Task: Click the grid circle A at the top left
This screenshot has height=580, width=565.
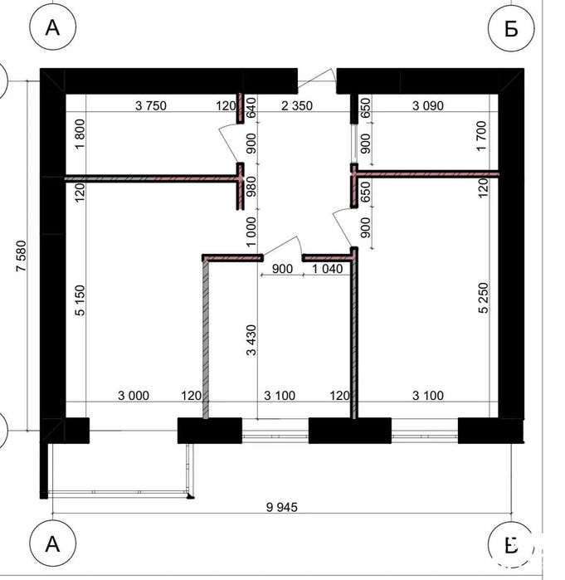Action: (x=52, y=27)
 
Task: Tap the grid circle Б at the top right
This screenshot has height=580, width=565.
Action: (x=511, y=27)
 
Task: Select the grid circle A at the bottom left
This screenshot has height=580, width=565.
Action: (x=52, y=543)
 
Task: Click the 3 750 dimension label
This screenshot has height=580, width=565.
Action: (x=151, y=105)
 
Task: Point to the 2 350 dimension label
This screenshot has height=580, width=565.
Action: (x=297, y=105)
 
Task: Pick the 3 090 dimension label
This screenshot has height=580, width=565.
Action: (x=428, y=105)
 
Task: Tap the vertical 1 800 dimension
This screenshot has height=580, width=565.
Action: (x=80, y=134)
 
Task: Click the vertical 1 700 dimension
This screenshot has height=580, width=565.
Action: (x=482, y=136)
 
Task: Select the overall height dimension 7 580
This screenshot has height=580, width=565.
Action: (x=22, y=256)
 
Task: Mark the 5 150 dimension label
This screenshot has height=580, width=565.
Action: (x=80, y=300)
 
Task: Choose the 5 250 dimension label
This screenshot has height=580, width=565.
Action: (x=484, y=298)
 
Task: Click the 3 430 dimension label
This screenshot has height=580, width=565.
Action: (x=251, y=340)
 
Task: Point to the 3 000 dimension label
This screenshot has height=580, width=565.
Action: (x=134, y=396)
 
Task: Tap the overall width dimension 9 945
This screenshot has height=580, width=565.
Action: (x=282, y=507)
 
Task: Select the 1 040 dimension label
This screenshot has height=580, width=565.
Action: (x=328, y=269)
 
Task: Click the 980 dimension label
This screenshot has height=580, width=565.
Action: (x=251, y=187)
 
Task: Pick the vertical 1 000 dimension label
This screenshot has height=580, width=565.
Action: (x=251, y=232)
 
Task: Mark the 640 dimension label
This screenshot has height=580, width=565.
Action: (x=251, y=107)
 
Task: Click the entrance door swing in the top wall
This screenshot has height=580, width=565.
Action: (x=317, y=79)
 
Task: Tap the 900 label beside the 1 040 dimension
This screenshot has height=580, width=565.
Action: (x=282, y=269)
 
